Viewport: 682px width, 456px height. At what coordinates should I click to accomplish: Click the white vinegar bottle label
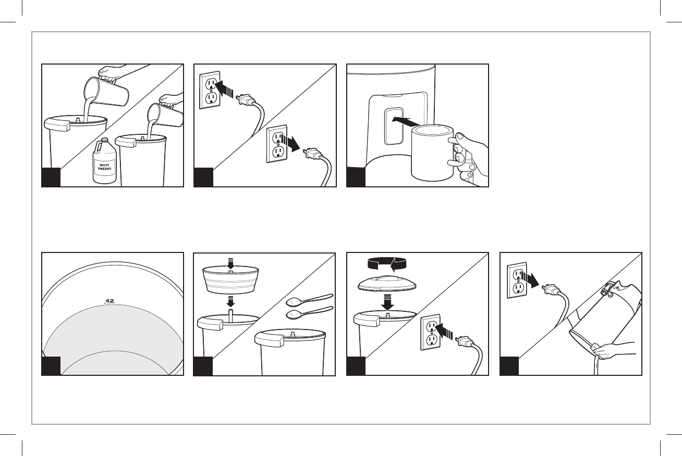tap(104, 168)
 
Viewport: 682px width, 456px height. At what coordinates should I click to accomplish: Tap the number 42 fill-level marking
tap(109, 301)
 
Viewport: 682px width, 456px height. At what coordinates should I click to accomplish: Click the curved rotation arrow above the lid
tap(387, 263)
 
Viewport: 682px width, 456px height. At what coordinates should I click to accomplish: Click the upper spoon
tap(310, 299)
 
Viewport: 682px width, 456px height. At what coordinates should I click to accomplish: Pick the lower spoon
tap(310, 313)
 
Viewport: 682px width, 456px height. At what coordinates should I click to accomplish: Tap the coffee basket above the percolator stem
tap(231, 280)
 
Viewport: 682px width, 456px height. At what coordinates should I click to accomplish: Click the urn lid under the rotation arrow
tap(387, 284)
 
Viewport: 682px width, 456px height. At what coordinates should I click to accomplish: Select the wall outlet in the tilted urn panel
tap(517, 280)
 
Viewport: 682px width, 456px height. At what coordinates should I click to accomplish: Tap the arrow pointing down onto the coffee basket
tap(231, 263)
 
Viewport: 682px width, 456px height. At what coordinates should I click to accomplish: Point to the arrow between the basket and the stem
tap(231, 301)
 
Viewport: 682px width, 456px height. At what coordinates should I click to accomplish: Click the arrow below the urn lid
tap(387, 302)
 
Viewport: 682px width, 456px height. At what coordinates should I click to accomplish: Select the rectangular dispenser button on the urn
tap(394, 126)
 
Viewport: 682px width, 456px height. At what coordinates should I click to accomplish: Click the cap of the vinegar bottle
tap(104, 140)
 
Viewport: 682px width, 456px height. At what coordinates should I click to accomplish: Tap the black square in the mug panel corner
tap(356, 177)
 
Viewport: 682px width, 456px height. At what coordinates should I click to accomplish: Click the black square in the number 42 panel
tap(51, 366)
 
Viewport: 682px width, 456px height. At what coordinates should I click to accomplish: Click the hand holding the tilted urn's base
tap(612, 352)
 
